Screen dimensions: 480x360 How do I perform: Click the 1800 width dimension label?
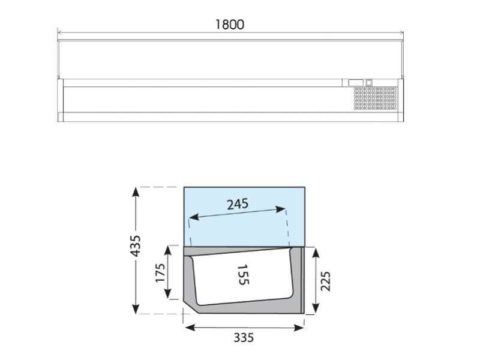coord(230,25)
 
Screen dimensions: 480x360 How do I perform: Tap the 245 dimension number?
coord(238,204)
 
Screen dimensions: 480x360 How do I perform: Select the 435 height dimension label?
coord(136,245)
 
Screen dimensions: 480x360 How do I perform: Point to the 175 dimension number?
coord(160,273)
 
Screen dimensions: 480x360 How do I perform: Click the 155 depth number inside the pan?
coord(243,275)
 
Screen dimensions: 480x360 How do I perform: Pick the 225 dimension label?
coord(325,281)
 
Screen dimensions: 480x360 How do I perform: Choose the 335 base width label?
coord(244,338)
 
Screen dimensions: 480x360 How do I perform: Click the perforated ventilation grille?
coord(376,98)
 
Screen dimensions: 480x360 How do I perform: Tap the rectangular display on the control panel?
coord(356,82)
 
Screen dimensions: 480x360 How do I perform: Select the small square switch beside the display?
coord(369,82)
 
